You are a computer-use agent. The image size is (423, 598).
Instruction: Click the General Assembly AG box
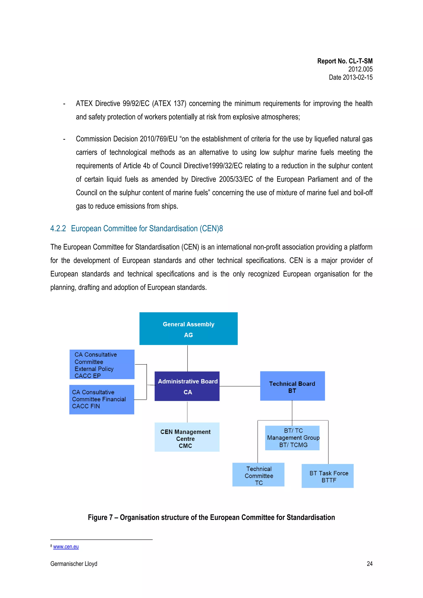click(188, 329)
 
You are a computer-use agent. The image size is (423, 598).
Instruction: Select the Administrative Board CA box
click(187, 386)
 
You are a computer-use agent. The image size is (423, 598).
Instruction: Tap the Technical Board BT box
click(292, 386)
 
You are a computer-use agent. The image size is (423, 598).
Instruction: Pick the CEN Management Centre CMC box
click(187, 437)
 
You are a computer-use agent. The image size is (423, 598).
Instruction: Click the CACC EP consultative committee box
click(102, 364)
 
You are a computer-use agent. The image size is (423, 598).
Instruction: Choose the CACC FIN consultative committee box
click(102, 400)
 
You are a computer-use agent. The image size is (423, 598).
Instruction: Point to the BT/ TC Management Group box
click(292, 438)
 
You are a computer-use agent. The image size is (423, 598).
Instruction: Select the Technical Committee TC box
click(258, 475)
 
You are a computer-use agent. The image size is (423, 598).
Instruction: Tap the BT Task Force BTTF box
click(327, 476)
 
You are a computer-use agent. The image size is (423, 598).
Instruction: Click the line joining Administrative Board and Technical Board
click(240, 386)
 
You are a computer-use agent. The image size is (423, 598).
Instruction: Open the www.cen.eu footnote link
click(66, 547)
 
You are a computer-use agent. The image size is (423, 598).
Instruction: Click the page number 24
click(369, 564)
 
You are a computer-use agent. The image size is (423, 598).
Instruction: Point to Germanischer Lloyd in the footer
click(74, 564)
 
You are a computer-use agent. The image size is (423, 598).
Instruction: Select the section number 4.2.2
click(58, 229)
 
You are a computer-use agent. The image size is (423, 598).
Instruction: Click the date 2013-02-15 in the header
click(358, 77)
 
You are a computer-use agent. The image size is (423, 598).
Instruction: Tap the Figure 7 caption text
click(211, 517)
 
